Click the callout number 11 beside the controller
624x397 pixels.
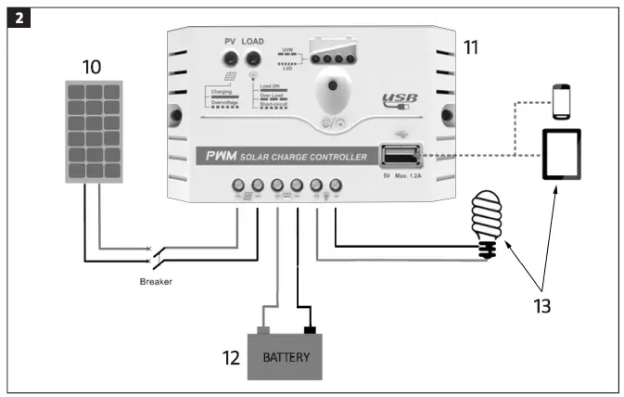pos(472,46)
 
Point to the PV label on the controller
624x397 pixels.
pos(232,42)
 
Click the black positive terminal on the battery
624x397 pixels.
pos(309,330)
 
